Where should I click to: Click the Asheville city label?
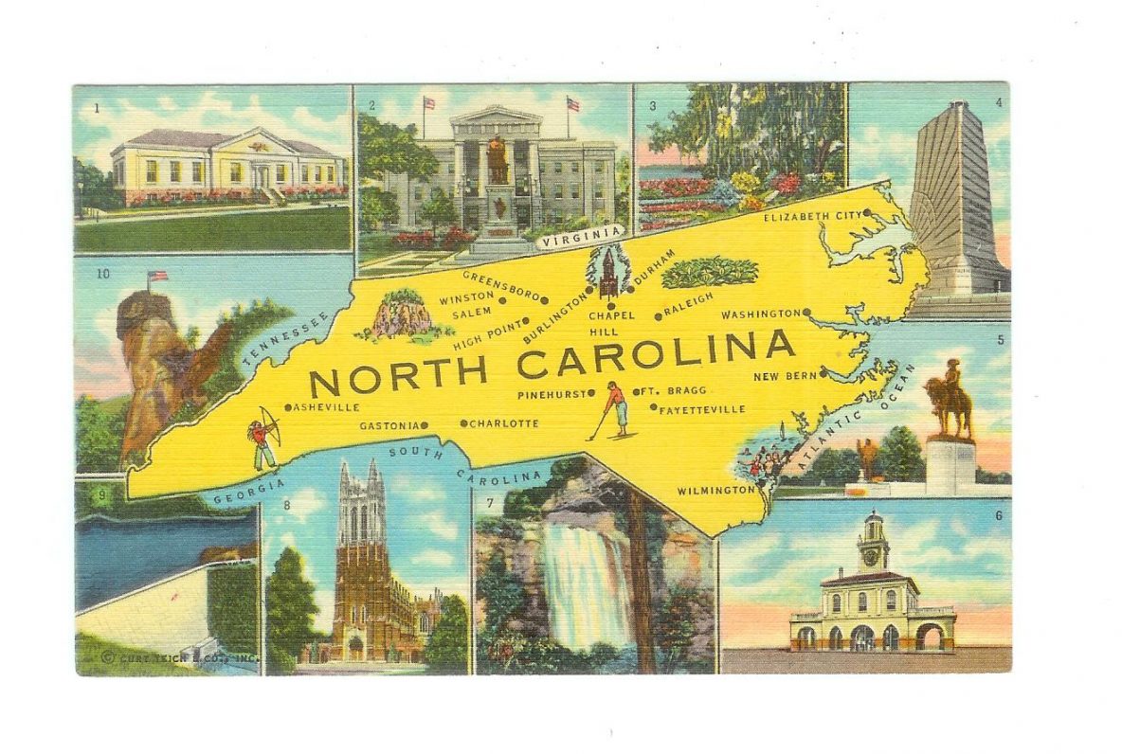pyautogui.click(x=328, y=407)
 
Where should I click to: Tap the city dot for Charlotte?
pyautogui.click(x=463, y=423)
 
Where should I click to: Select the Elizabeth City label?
pyautogui.click(x=812, y=216)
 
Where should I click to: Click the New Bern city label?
pyautogui.click(x=785, y=376)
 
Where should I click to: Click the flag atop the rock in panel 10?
pyautogui.click(x=157, y=277)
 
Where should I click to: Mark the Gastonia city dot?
pyautogui.click(x=425, y=425)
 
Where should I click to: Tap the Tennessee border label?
pyautogui.click(x=284, y=340)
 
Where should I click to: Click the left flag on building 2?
pyautogui.click(x=428, y=103)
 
